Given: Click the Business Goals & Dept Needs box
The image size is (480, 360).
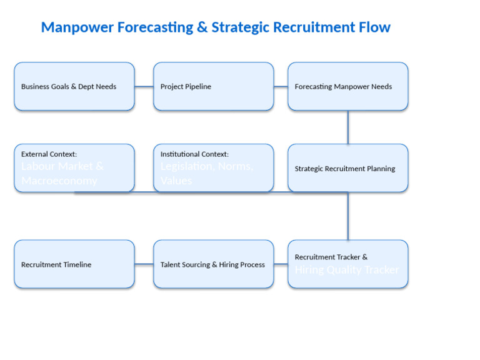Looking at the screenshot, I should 74,86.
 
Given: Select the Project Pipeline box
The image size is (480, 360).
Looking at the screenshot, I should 213,86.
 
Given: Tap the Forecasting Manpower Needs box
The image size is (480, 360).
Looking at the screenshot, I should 347,86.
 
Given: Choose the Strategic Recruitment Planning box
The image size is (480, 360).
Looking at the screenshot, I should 347,168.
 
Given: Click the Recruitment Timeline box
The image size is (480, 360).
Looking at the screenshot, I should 74,264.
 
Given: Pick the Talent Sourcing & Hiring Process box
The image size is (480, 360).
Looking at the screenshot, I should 213,264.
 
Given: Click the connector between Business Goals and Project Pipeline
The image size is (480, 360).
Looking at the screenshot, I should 144,86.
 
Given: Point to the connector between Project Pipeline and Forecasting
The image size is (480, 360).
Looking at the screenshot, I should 281,86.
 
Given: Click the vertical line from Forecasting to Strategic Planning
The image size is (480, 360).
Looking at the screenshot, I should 348,127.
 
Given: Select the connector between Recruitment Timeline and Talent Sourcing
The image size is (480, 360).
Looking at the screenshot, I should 144,264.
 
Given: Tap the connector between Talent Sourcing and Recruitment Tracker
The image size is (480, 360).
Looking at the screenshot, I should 281,264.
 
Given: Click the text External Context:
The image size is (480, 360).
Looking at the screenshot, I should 49,154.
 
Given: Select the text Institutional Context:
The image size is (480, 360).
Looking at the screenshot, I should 194,154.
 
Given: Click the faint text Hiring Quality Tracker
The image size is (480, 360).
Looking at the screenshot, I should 346,270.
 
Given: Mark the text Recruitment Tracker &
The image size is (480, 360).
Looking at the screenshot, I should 331,257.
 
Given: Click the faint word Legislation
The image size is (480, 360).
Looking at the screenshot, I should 187,166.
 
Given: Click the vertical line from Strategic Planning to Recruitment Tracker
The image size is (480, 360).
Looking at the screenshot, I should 348,216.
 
